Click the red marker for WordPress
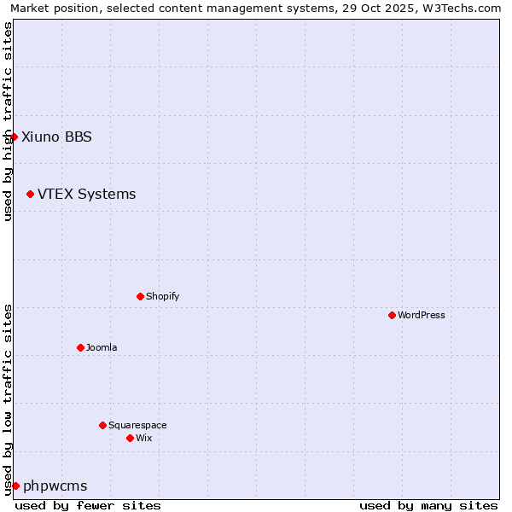coord(392,315)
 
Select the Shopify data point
coord(140,296)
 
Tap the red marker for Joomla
coord(80,347)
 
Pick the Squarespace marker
coord(102,425)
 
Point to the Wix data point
coord(130,438)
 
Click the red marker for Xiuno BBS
coord(14,137)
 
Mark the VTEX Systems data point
coord(30,194)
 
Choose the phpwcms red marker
coord(15,486)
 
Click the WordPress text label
coord(422,315)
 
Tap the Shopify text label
coord(163,296)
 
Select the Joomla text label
coord(102,347)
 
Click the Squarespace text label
coord(137,425)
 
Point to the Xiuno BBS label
coord(56,137)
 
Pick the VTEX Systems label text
coord(86,194)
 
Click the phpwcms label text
coord(55,486)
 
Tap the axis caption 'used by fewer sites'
coord(88,505)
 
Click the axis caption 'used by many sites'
coord(428,505)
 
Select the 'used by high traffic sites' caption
coord(8,121)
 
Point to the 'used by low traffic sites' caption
coord(8,399)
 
